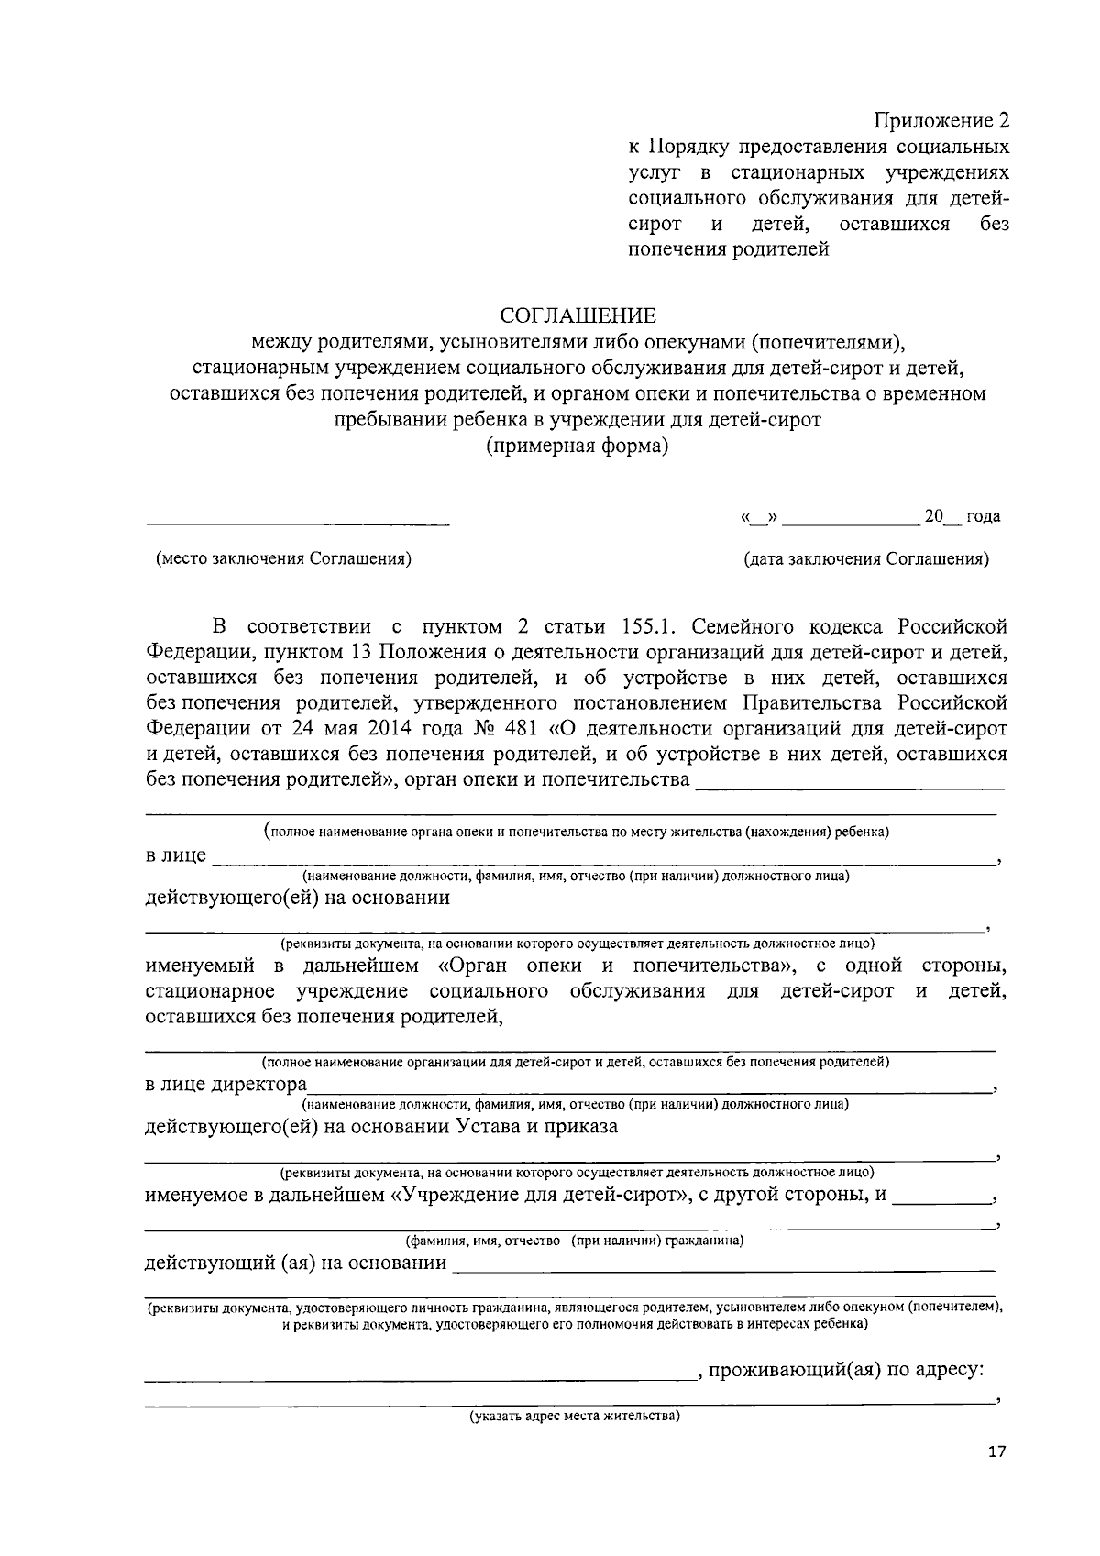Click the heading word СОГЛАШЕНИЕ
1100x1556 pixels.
point(577,316)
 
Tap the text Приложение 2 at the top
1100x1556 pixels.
point(940,121)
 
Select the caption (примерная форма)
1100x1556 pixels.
point(577,447)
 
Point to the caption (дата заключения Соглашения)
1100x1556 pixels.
point(866,559)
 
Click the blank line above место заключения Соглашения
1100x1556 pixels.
point(298,524)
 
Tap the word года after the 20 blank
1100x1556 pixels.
point(983,517)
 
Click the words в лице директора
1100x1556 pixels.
point(226,1085)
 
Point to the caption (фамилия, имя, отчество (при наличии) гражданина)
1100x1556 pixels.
point(575,1241)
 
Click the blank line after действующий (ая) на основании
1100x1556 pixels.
point(724,1270)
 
